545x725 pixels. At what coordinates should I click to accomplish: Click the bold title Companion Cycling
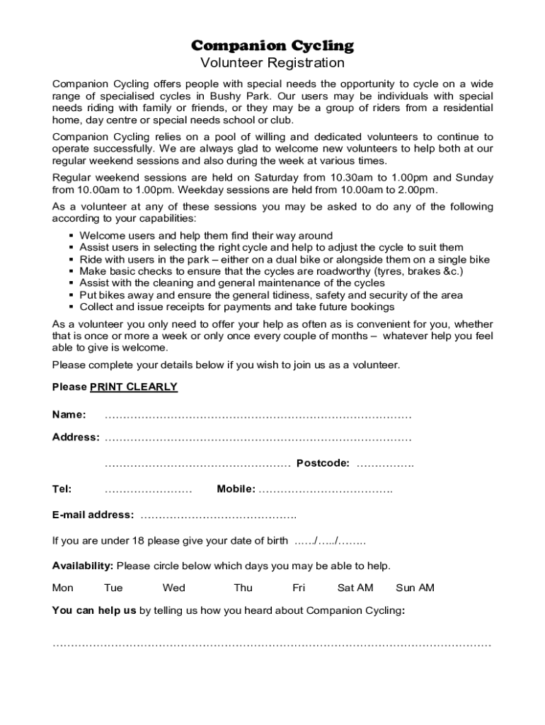tap(272, 46)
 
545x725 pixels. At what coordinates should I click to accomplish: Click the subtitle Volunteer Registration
tap(272, 63)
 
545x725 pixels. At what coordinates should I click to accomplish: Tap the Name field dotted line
tap(258, 415)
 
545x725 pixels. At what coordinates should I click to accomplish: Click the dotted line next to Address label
tap(258, 438)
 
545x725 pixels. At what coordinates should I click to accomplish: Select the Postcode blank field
tap(385, 464)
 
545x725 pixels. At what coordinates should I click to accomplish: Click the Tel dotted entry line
tap(148, 490)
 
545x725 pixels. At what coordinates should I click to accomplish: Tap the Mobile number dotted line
tap(326, 490)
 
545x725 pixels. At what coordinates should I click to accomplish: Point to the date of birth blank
tap(330, 542)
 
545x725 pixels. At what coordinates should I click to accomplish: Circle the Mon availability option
tap(62, 588)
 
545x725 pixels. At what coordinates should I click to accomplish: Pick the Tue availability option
tap(113, 588)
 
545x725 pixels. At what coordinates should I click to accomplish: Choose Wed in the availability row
tap(173, 588)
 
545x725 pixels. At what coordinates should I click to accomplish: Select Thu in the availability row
tap(243, 588)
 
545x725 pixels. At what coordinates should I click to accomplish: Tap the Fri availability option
tap(299, 588)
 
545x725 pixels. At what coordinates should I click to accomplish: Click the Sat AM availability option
tap(355, 588)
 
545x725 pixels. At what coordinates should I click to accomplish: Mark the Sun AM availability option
tap(415, 588)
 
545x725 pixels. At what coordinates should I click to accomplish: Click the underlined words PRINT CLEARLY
tap(133, 387)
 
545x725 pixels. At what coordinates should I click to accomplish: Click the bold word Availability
tap(82, 566)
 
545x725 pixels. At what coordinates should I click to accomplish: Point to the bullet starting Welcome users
tap(205, 236)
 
